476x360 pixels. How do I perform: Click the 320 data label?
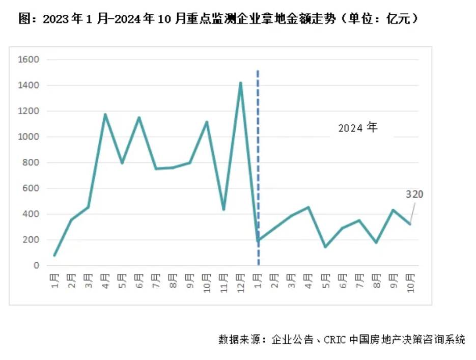click(414, 195)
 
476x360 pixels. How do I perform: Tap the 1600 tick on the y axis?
click(28, 60)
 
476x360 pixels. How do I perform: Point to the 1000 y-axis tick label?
click(28, 137)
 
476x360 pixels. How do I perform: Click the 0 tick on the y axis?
click(36, 266)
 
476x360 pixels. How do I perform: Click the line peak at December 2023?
click(240, 83)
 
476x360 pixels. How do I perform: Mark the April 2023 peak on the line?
click(105, 115)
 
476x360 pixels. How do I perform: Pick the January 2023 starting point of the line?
click(54, 255)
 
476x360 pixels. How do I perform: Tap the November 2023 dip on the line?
click(223, 209)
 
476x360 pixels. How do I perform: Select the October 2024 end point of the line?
click(410, 224)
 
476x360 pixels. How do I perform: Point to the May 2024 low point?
click(325, 247)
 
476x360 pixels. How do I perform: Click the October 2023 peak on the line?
click(207, 122)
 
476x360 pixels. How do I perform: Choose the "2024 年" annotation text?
click(358, 128)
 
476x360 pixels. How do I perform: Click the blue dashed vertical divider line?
click(258, 168)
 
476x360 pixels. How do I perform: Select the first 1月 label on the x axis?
click(55, 281)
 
